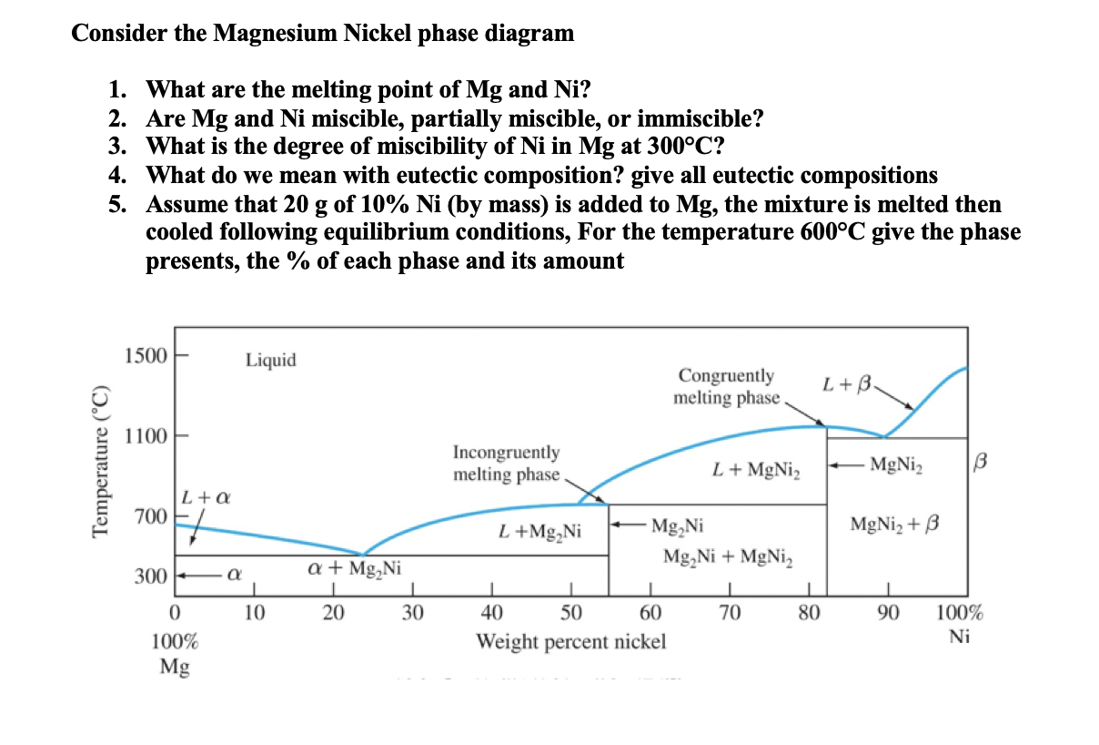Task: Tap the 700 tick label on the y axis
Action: [x=150, y=517]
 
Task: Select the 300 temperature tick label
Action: [x=150, y=577]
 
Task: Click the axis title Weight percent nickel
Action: [x=571, y=642]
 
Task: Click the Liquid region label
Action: [x=270, y=361]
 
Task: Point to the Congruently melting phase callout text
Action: [x=727, y=387]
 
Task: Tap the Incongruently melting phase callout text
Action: [x=507, y=464]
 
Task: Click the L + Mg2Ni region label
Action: [x=540, y=529]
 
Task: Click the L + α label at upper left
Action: [x=205, y=498]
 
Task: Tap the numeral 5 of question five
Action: [x=116, y=205]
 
